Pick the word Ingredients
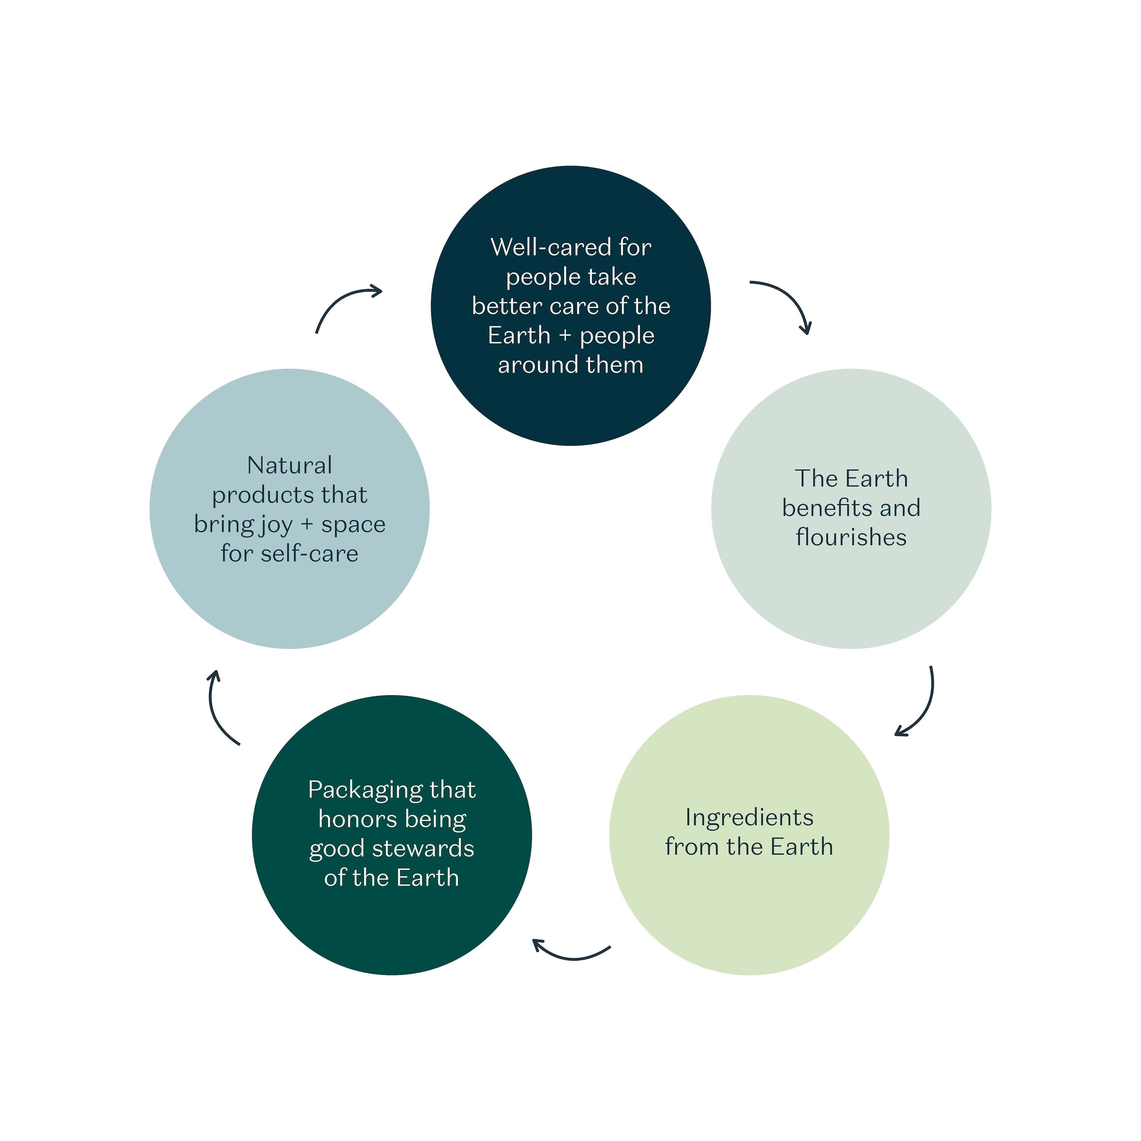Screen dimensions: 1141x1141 pos(749,818)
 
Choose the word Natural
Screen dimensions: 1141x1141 pos(289,466)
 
